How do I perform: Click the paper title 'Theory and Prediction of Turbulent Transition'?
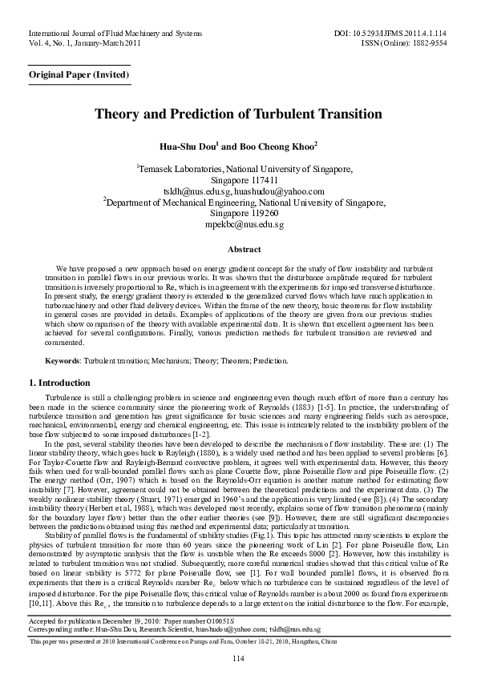pyautogui.click(x=238, y=114)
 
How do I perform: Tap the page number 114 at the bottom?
pyautogui.click(x=238, y=658)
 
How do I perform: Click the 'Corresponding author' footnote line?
pyautogui.click(x=175, y=630)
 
